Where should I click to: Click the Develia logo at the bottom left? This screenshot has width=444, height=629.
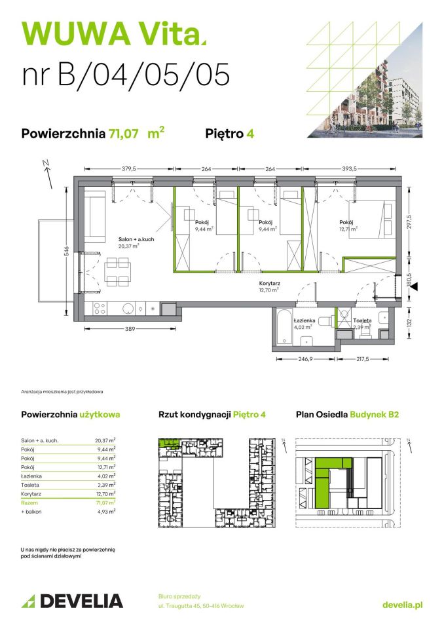coord(72,601)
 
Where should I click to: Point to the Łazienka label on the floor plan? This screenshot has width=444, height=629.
coord(306,320)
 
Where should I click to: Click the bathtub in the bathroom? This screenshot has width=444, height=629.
coord(284,327)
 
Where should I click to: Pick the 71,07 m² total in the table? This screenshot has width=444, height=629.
coord(105,501)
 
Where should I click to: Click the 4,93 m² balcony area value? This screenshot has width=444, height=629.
coord(105,511)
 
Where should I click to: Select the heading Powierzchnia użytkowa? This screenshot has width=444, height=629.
coord(71,414)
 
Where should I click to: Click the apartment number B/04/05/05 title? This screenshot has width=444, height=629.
coord(126,74)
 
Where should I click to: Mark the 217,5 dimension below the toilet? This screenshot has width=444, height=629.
coord(371,359)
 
